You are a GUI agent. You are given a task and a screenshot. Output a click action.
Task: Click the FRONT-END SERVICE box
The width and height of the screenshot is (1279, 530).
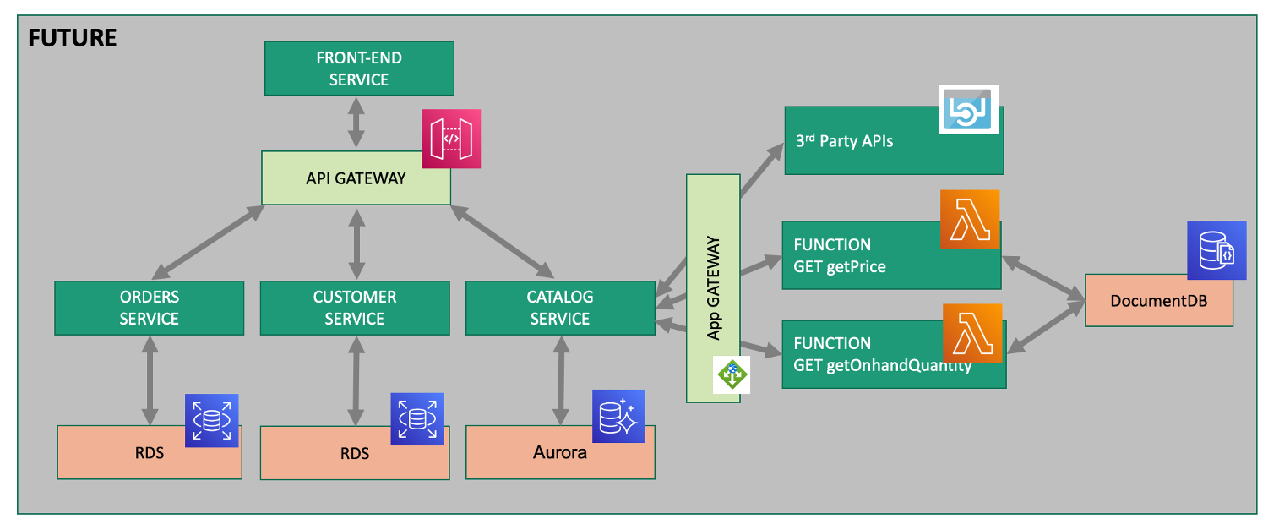pyautogui.click(x=359, y=68)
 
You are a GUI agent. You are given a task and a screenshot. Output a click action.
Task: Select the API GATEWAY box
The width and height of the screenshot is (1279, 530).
pyautogui.click(x=355, y=178)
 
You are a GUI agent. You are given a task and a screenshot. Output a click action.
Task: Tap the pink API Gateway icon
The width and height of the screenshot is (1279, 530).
pyautogui.click(x=451, y=139)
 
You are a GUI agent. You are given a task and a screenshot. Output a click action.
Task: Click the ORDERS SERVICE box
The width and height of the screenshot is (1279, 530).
pyautogui.click(x=149, y=308)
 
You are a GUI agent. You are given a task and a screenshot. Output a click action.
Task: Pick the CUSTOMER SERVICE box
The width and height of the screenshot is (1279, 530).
pyautogui.click(x=354, y=308)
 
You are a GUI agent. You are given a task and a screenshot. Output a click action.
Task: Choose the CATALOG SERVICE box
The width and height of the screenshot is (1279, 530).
pyautogui.click(x=559, y=308)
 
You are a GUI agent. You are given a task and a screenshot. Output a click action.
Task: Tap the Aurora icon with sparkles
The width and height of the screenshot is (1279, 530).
pyautogui.click(x=618, y=416)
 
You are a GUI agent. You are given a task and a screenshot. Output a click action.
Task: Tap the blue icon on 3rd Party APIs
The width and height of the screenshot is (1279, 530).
pyautogui.click(x=969, y=109)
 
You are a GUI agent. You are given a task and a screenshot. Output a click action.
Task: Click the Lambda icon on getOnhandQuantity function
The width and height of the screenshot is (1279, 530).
pyautogui.click(x=971, y=333)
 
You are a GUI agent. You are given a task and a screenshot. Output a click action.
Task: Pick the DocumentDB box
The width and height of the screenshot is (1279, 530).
pyautogui.click(x=1157, y=301)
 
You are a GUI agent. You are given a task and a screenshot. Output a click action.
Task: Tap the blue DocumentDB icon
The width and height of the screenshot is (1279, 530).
pyautogui.click(x=1216, y=250)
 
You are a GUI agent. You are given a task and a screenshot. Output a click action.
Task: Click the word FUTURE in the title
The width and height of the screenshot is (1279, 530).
pyautogui.click(x=72, y=38)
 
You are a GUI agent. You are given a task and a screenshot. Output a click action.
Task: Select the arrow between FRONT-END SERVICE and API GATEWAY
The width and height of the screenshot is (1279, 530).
pyautogui.click(x=356, y=123)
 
